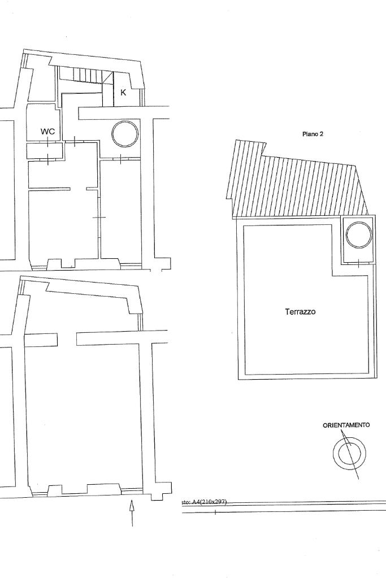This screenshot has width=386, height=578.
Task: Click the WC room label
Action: [x=47, y=132]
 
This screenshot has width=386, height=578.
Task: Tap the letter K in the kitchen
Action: [x=123, y=93]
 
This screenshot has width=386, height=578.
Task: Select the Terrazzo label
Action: [x=300, y=311]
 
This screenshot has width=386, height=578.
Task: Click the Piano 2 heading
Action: [x=313, y=134]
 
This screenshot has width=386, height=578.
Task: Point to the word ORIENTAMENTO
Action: [x=346, y=425]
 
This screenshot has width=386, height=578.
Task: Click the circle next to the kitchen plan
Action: [x=124, y=134]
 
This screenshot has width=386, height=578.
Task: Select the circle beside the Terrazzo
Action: [x=359, y=234]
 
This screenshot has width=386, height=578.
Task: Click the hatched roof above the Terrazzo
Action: [x=294, y=186]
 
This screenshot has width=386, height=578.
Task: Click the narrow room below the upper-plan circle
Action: [x=120, y=209]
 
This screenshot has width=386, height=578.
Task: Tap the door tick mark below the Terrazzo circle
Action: [x=359, y=262]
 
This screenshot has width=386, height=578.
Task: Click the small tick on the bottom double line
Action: [x=215, y=512]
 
